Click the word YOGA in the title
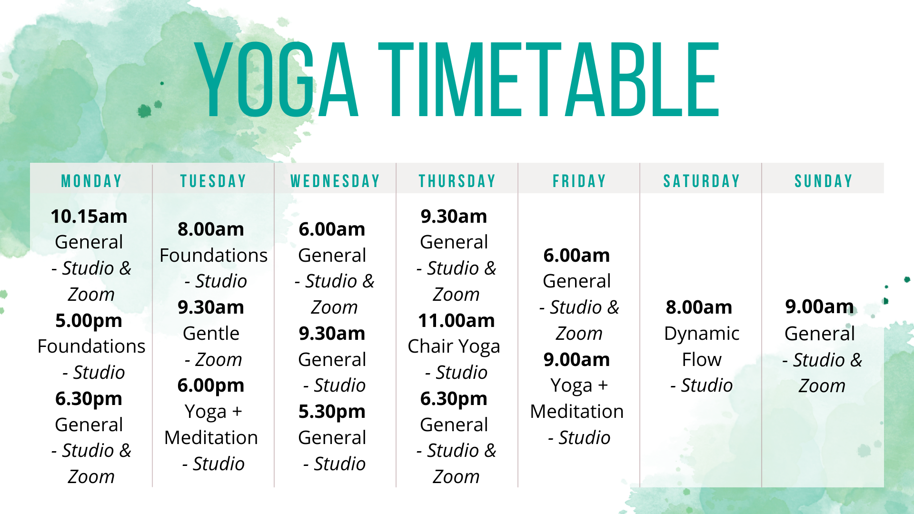coord(276,80)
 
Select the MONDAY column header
coord(91,181)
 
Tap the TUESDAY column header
coord(213,181)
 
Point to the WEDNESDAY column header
coord(335,181)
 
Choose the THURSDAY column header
coord(457,181)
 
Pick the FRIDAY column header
coord(579,181)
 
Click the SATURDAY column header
coord(701,181)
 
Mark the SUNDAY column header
coord(823,181)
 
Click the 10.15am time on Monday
coord(89,217)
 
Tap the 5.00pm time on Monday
coord(89,321)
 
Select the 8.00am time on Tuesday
coord(211,229)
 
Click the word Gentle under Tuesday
coord(211,334)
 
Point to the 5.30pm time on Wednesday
coord(332,412)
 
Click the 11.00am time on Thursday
coord(456,321)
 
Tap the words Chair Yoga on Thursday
coord(454,346)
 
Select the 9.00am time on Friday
coord(576,360)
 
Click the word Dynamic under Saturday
coord(702,334)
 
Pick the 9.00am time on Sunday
coord(819,307)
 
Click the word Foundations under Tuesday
coord(213,256)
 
